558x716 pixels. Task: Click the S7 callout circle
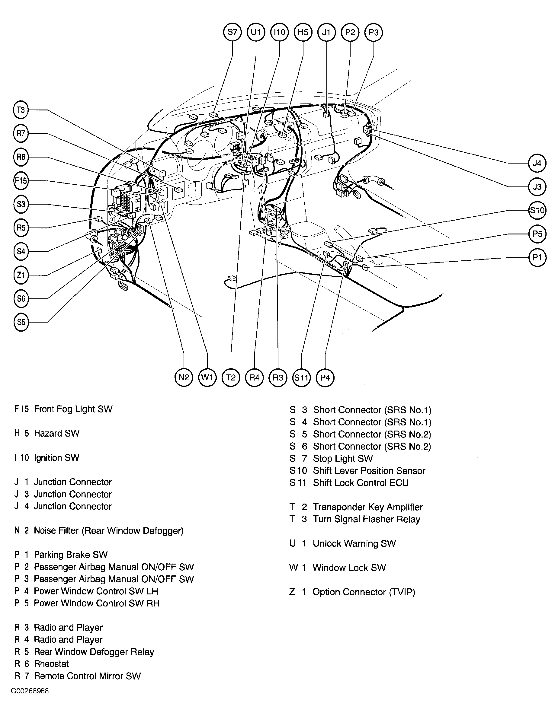232,32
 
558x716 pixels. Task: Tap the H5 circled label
303,32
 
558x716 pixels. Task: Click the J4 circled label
537,163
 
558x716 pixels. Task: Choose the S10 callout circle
537,210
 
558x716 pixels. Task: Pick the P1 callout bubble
537,257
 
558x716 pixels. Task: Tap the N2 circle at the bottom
184,377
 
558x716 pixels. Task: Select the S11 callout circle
301,377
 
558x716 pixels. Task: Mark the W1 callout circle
207,377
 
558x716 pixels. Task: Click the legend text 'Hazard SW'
56,433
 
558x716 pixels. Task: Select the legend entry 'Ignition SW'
56,458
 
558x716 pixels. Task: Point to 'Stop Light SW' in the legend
342,458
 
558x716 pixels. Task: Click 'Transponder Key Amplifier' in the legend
367,507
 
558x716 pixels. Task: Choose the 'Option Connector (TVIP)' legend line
364,592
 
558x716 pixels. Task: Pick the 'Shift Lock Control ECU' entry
361,483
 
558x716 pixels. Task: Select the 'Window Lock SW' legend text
349,568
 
